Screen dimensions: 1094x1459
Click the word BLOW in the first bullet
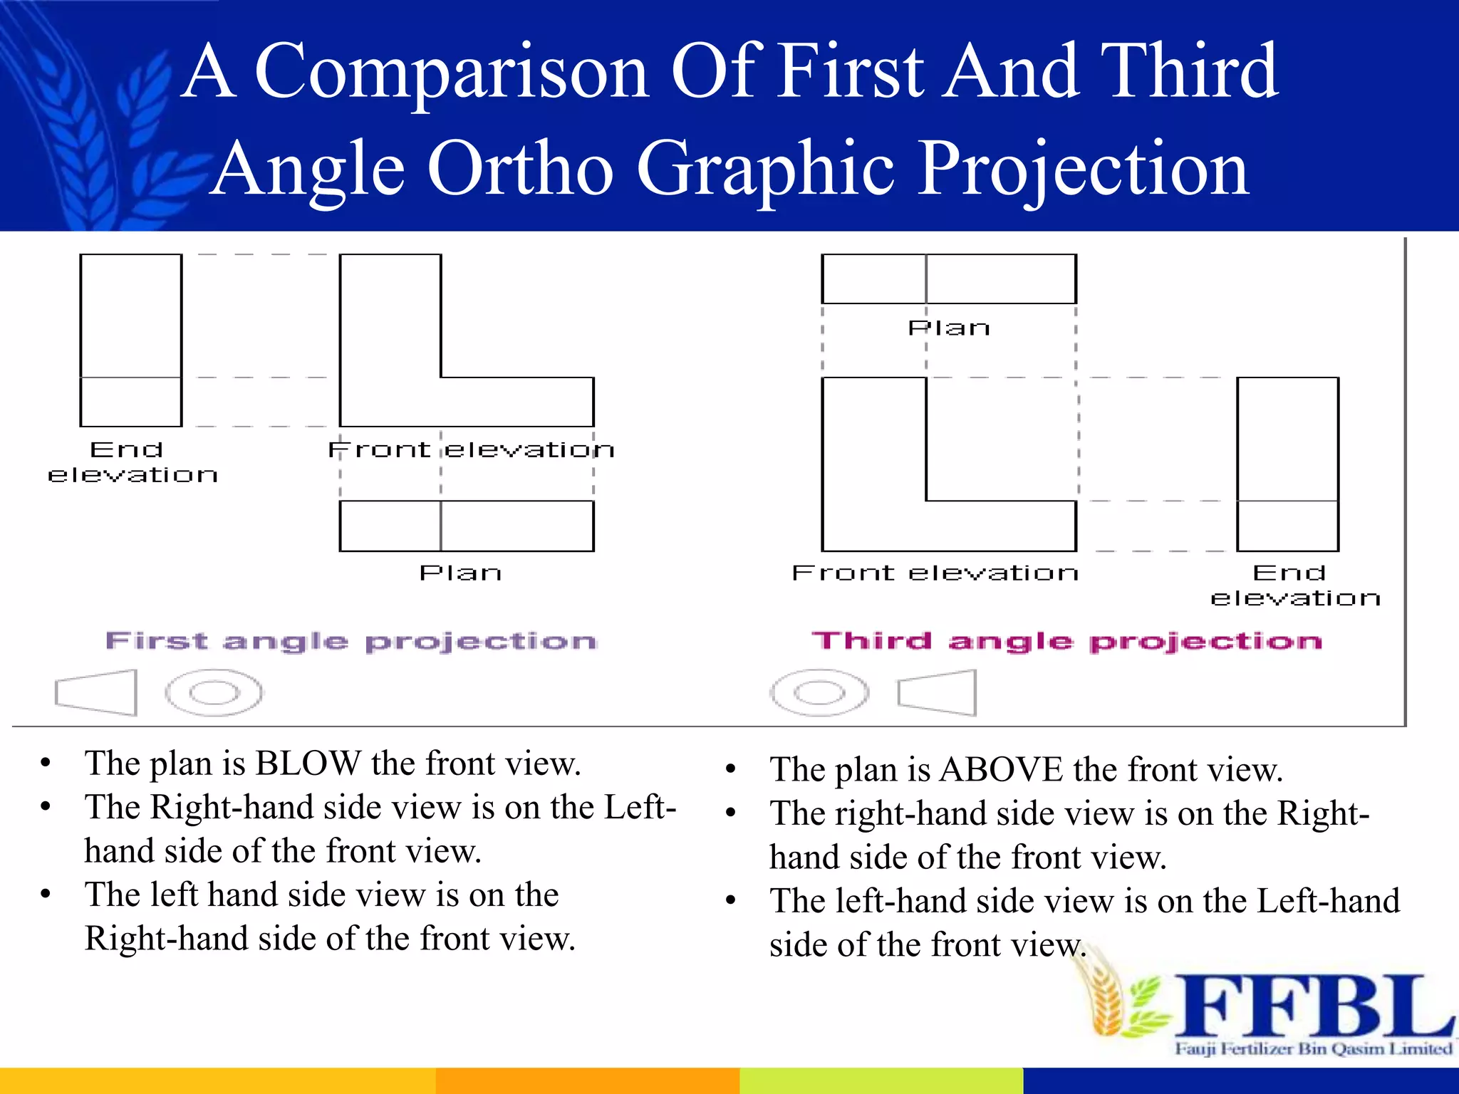(308, 764)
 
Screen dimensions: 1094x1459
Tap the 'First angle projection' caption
(351, 641)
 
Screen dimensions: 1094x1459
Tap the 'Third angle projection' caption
(1066, 641)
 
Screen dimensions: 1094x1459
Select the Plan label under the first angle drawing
(460, 573)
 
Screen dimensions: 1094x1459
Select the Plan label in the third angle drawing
(949, 328)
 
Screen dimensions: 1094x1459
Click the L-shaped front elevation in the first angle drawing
(390, 370)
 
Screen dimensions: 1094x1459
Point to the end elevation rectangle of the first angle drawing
(131, 340)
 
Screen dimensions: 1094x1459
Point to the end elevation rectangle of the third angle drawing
(1287, 464)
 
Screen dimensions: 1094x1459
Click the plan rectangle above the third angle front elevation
(948, 278)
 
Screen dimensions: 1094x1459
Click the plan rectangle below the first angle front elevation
(467, 526)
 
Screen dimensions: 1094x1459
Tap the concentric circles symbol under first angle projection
(214, 692)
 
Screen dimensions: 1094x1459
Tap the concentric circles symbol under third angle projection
(819, 692)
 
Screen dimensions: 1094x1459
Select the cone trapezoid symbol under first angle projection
(97, 692)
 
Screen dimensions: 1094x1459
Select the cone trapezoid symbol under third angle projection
(938, 692)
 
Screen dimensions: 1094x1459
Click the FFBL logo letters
(1311, 1006)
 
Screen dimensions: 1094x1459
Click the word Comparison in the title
(450, 71)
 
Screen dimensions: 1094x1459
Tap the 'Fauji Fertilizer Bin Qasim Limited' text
(1313, 1048)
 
